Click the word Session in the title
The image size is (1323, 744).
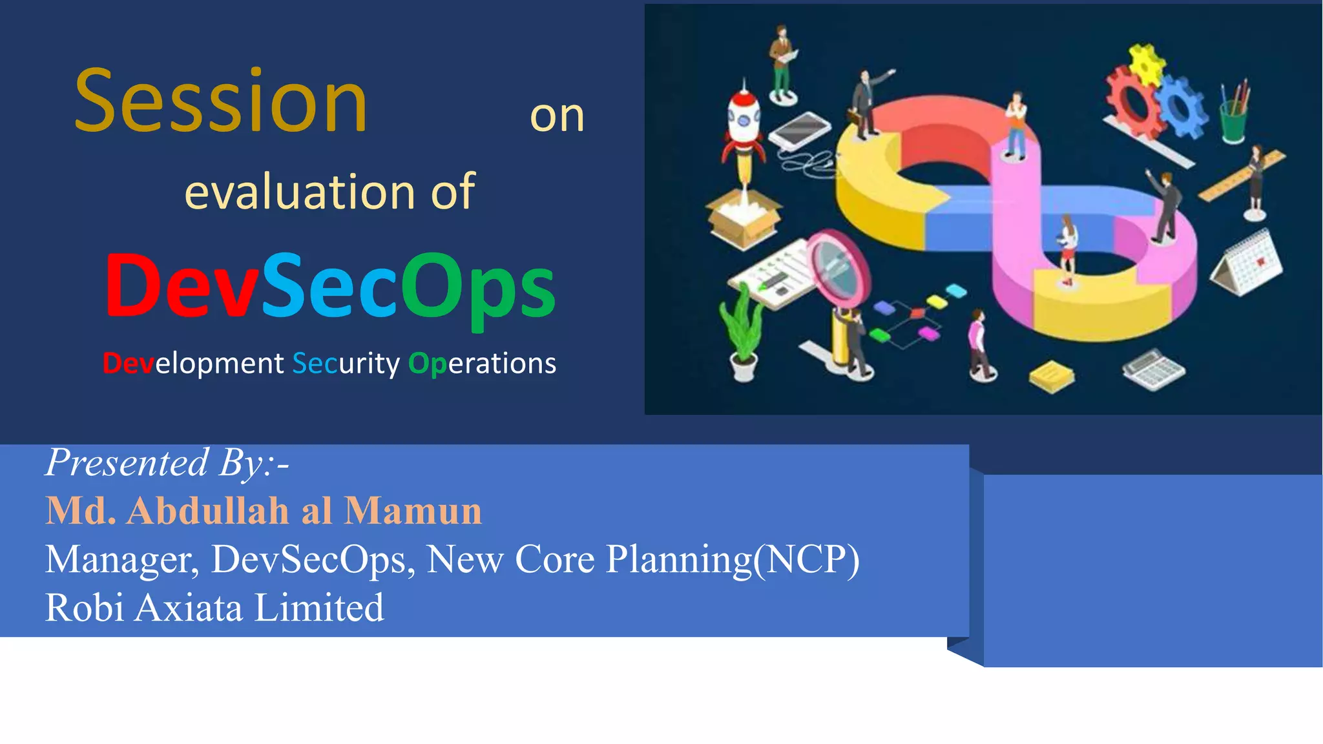tap(221, 102)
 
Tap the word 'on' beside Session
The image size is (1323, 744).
tap(557, 116)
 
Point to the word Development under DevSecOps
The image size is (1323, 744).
tap(193, 364)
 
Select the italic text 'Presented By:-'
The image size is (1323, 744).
tap(167, 462)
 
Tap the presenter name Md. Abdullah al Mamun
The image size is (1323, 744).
tap(264, 511)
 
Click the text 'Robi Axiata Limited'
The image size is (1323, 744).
tap(214, 608)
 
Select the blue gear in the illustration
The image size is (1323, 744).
tap(1182, 107)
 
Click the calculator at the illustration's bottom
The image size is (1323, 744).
tap(1154, 370)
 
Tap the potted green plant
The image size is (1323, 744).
tap(742, 333)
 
